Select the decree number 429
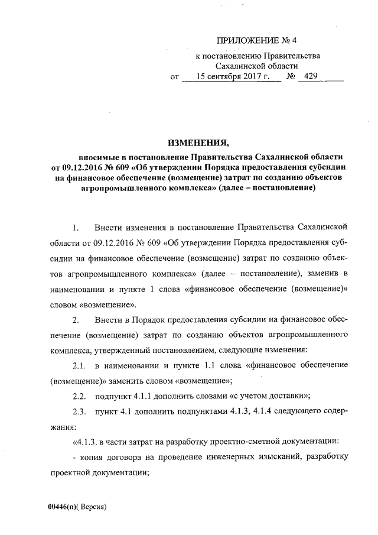(311, 77)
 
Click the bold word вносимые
(99, 157)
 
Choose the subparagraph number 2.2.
(79, 396)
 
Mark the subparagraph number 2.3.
(79, 411)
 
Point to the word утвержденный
(128, 350)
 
